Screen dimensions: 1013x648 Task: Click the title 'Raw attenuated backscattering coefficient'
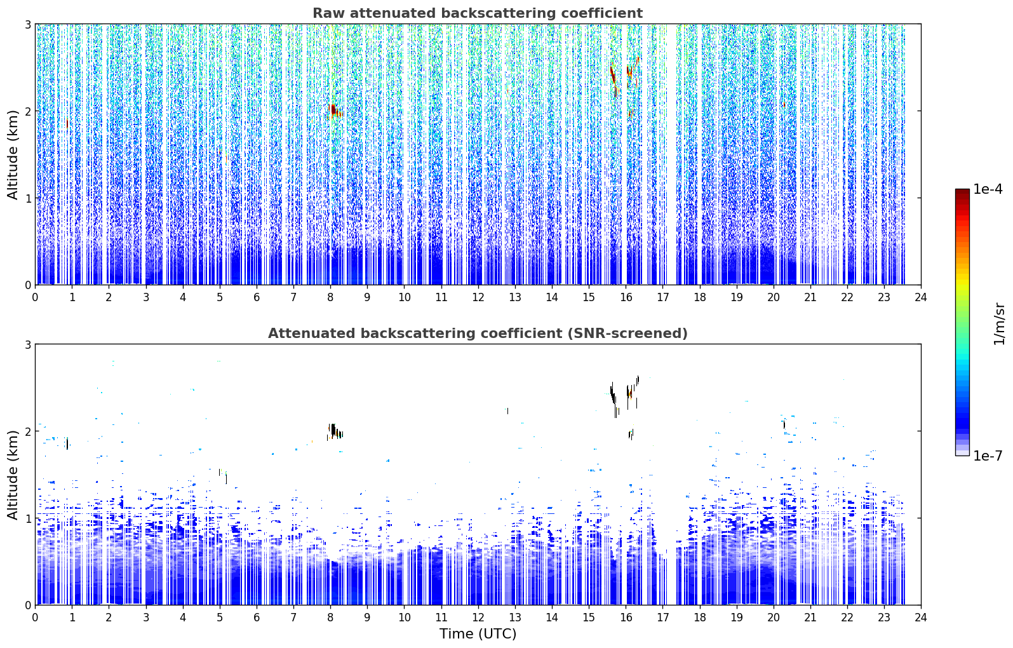[x=478, y=13]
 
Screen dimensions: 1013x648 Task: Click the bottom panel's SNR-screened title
[x=478, y=333]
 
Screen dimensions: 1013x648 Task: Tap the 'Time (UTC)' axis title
[x=478, y=633]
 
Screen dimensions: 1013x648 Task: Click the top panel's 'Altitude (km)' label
[x=13, y=155]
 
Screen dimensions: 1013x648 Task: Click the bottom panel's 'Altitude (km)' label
[x=13, y=475]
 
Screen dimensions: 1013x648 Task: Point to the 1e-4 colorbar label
[x=988, y=189]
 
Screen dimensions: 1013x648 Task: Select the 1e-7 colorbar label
[x=988, y=456]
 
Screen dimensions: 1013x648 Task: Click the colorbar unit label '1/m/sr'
[x=999, y=325]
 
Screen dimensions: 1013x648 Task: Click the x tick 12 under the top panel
[x=478, y=297]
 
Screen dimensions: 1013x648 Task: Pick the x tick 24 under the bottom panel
[x=921, y=618]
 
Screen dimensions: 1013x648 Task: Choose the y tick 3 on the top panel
[x=27, y=24]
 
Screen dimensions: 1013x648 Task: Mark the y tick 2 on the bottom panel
[x=27, y=432]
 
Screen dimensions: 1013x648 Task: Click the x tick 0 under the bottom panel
[x=36, y=618]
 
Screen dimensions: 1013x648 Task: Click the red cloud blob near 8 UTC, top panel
[x=333, y=111]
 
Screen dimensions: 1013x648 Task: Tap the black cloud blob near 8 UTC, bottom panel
[x=334, y=431]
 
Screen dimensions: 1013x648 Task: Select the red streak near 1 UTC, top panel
[x=67, y=123]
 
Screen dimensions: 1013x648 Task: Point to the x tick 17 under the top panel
[x=662, y=297]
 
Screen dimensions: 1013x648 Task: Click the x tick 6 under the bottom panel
[x=257, y=618]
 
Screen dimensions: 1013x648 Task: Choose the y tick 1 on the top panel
[x=27, y=198]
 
